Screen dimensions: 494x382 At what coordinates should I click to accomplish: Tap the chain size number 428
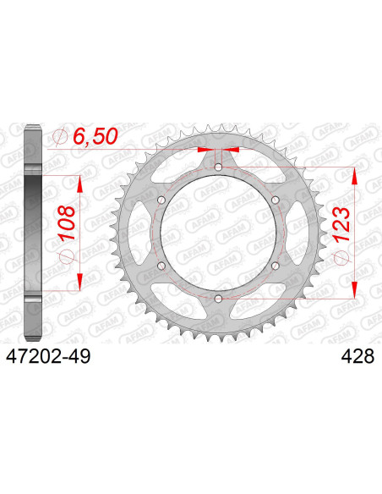(x=345, y=359)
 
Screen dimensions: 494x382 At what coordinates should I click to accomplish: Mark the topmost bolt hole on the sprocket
(x=218, y=167)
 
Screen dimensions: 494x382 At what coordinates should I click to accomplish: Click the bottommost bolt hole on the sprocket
(x=218, y=298)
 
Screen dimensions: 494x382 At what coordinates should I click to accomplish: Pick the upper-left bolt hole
(x=161, y=200)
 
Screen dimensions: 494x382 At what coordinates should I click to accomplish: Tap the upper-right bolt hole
(x=275, y=200)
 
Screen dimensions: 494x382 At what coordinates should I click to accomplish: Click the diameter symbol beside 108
(x=68, y=258)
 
